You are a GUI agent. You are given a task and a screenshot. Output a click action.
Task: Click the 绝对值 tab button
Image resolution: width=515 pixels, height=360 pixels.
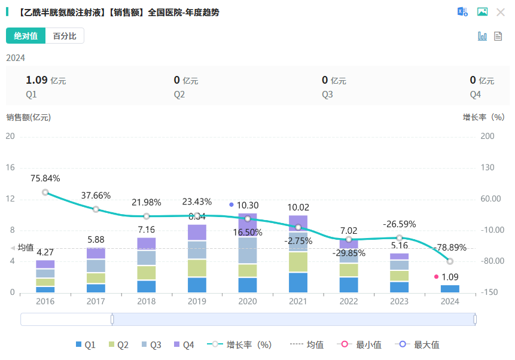tap(26, 36)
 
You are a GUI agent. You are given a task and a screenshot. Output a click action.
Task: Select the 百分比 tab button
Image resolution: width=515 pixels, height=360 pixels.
tap(65, 36)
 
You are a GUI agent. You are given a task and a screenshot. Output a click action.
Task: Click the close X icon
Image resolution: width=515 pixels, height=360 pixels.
tap(501, 12)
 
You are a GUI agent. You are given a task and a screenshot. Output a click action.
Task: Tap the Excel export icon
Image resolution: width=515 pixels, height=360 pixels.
tap(462, 12)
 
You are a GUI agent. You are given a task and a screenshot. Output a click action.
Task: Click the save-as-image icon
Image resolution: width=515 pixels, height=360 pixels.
tap(482, 12)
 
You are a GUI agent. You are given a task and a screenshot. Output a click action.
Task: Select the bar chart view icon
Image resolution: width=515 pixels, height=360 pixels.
tap(482, 36)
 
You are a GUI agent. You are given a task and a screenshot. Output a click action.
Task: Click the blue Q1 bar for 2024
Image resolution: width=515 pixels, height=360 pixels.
tap(450, 289)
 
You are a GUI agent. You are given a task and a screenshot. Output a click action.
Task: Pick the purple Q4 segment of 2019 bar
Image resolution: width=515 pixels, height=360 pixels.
tap(197, 233)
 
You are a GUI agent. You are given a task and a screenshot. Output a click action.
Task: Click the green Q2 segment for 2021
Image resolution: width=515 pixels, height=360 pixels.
tap(298, 262)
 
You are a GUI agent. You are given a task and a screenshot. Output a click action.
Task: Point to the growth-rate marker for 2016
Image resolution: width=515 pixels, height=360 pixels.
tap(45, 193)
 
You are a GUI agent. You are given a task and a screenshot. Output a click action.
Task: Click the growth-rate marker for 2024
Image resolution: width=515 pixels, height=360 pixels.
tap(450, 261)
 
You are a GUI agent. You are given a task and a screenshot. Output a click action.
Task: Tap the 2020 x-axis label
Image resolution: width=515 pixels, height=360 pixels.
tap(248, 302)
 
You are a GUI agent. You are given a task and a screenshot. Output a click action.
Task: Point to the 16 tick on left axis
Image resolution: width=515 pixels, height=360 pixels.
tap(10, 167)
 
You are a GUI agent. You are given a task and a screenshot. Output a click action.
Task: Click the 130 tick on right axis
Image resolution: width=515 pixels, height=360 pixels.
tap(488, 167)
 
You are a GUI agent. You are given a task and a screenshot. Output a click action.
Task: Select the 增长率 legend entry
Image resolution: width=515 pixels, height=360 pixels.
tap(239, 344)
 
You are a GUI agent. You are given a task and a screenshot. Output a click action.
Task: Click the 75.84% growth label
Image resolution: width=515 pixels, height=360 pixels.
tap(45, 178)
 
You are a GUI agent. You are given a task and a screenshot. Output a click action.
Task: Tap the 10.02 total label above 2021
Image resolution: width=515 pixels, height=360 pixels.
tap(298, 208)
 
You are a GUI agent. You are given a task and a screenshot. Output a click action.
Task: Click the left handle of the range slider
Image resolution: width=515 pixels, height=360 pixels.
tap(112, 319)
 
